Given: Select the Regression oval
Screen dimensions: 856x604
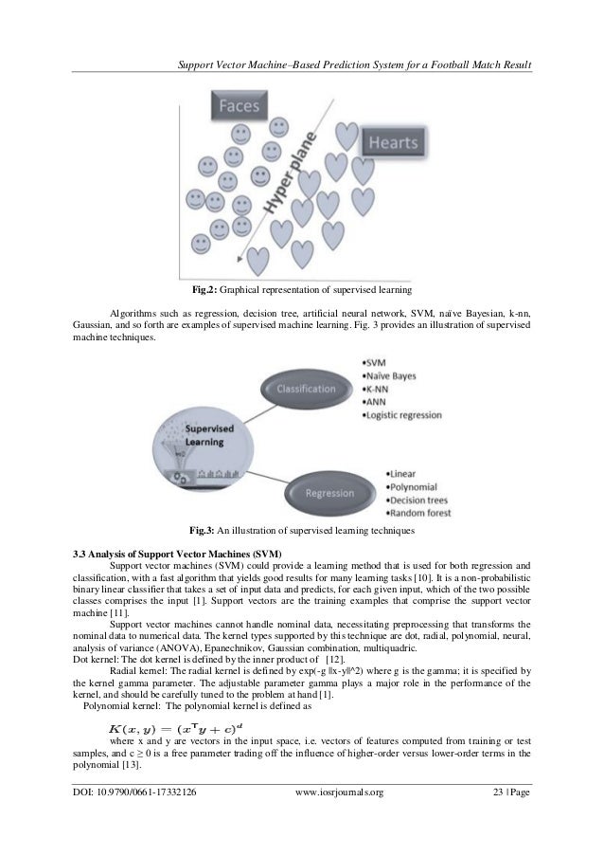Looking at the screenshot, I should pos(340,493).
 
